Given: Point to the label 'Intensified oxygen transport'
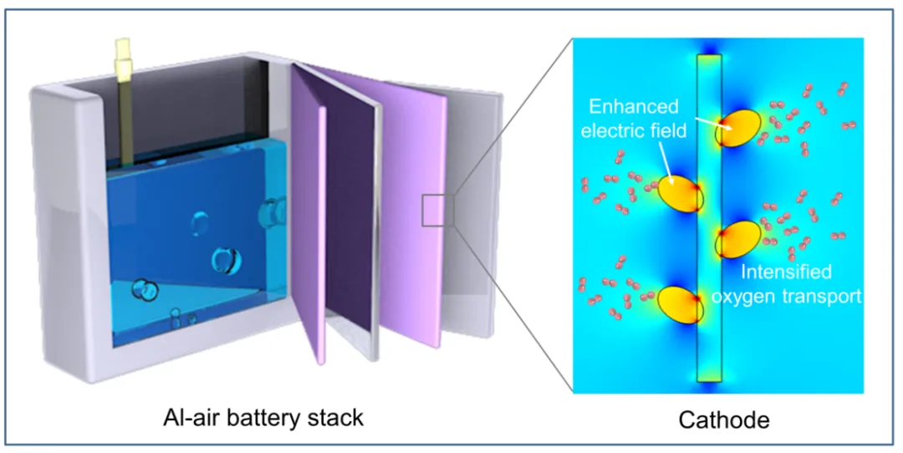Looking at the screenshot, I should (801, 284).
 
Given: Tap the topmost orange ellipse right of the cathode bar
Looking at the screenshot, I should (739, 129).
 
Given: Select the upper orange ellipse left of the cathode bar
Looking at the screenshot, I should (680, 193).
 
